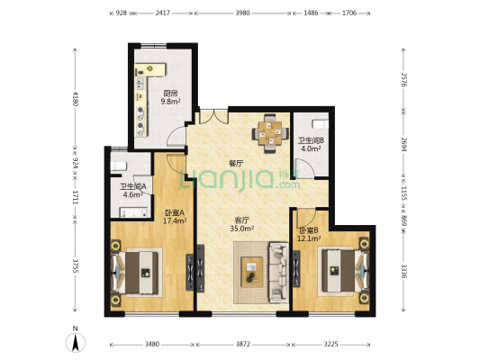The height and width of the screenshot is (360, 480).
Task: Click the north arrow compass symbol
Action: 76,342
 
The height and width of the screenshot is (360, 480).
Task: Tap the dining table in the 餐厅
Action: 270,133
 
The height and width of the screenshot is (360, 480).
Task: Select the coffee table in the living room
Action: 252,272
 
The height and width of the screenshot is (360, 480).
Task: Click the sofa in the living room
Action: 278,272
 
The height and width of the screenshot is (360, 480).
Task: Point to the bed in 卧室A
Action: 136,273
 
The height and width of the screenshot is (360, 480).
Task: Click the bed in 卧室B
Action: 344,271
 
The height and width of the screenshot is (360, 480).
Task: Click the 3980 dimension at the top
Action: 242,13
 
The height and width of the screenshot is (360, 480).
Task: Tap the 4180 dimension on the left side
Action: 75,98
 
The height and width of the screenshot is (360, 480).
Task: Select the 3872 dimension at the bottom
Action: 243,345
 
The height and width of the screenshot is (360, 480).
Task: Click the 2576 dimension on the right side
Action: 403,80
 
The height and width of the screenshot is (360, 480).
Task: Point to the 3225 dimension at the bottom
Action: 331,345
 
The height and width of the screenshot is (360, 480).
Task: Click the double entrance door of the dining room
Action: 214,116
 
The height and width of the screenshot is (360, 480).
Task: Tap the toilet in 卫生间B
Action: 320,124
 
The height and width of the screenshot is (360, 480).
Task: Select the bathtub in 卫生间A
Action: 133,212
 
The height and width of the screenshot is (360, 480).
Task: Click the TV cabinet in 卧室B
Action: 296,269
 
